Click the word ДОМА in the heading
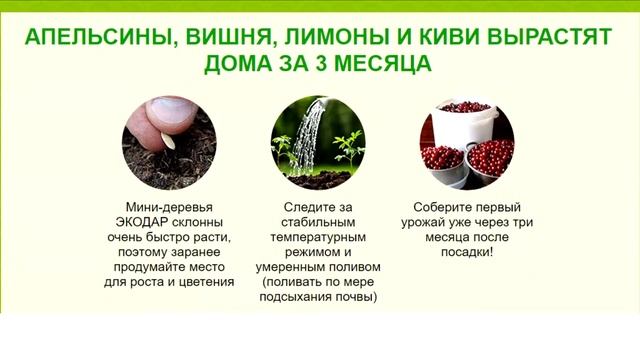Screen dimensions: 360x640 tap(240, 66)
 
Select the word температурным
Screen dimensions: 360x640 tap(318, 237)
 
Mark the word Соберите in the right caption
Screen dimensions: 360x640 tap(445, 206)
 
